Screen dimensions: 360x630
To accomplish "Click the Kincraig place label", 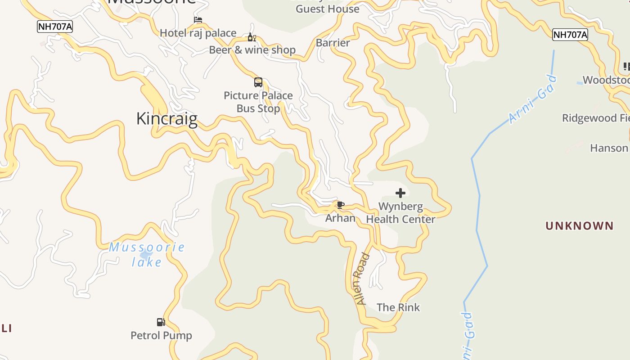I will [x=167, y=119].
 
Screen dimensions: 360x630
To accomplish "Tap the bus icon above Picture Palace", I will [x=258, y=82].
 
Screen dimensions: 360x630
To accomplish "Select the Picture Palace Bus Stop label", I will [x=258, y=102].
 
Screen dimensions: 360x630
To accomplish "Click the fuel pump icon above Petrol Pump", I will [x=161, y=322].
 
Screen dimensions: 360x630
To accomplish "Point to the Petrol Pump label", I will [x=161, y=336].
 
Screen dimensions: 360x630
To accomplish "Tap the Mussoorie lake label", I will [x=147, y=254].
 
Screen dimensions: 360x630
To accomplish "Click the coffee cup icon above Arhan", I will [x=341, y=205].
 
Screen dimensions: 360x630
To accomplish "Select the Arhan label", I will [x=341, y=218].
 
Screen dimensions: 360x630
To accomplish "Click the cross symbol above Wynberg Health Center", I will [x=400, y=193].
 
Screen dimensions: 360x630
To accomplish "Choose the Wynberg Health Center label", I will [x=400, y=213].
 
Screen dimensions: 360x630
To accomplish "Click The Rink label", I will [x=398, y=308].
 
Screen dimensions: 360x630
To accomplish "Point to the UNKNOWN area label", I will [x=580, y=226].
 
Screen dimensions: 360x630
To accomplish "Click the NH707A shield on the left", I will [x=55, y=27].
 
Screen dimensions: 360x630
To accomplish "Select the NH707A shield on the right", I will [x=570, y=35].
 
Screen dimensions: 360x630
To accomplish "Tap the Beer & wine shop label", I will [x=252, y=50].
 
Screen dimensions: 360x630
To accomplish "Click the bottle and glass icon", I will [x=252, y=37].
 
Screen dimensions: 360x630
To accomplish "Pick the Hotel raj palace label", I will [x=198, y=33].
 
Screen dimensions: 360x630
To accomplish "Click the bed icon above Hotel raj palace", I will [x=198, y=20].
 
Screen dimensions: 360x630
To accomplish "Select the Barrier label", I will [x=333, y=43].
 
